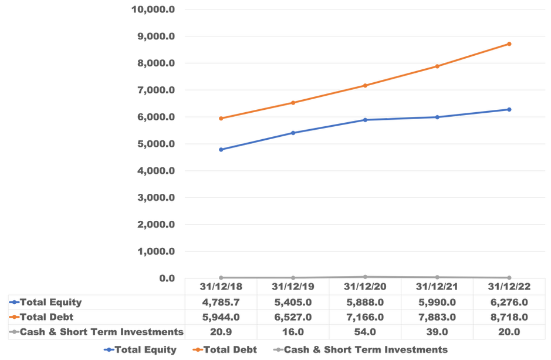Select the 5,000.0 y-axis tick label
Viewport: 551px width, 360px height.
(x=156, y=144)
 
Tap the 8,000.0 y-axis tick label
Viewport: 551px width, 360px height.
(x=156, y=63)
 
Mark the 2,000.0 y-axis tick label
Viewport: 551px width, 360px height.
(x=156, y=224)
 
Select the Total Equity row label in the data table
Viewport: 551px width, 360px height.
(x=53, y=301)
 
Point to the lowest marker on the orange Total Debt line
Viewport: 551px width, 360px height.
(x=221, y=119)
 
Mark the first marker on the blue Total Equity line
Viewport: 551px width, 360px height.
(x=221, y=149)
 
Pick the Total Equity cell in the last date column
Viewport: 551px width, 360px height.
(x=509, y=301)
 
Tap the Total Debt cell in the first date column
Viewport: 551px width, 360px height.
(x=221, y=317)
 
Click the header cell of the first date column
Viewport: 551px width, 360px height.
(x=221, y=287)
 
